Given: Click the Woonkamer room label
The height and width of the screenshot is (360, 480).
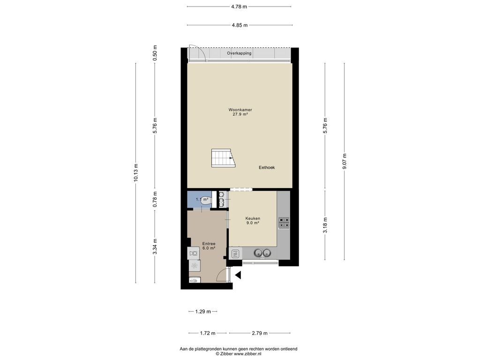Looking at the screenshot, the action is click(240, 110).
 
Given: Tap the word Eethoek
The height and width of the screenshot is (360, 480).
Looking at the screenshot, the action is click(267, 167).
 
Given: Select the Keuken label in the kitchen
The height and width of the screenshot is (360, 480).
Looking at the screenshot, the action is click(253, 218).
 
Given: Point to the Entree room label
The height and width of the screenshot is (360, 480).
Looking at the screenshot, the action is click(209, 244).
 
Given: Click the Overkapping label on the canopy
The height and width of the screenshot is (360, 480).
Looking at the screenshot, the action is click(239, 53).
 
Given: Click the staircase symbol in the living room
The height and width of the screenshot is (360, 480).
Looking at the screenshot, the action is click(223, 158).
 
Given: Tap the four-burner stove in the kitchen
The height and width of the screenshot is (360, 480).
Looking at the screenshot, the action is click(284, 223).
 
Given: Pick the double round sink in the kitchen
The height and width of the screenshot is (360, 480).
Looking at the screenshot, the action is click(262, 253).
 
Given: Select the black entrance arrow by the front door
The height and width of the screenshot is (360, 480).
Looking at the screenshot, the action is click(238, 275).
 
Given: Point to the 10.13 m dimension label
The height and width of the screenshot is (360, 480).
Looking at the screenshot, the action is click(136, 172).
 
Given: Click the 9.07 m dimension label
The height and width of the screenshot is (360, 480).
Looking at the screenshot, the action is click(345, 161).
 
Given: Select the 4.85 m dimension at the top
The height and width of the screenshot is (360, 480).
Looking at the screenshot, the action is click(240, 25).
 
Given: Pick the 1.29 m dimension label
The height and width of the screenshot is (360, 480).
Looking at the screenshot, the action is click(203, 312).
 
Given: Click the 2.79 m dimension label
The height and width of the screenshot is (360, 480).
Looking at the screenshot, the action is click(260, 333).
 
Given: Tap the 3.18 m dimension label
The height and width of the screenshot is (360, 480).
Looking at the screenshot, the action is click(325, 225).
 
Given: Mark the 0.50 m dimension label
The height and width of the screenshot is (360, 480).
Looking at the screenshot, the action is click(155, 52).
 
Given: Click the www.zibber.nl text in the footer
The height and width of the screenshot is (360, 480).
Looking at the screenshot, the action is click(247, 353).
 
